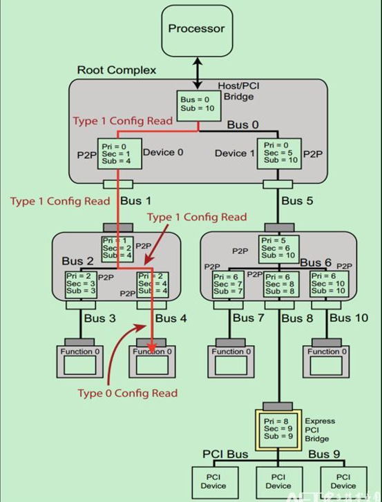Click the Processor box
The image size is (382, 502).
point(197,30)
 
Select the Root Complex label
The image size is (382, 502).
point(116,70)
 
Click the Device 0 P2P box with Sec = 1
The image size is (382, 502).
point(120,153)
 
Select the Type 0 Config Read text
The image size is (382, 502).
point(127,393)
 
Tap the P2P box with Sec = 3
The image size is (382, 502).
point(81,284)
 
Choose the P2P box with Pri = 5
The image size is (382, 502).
point(278,249)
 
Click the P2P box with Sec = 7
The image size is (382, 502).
point(229,284)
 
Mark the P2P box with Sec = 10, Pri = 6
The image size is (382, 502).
point(327,284)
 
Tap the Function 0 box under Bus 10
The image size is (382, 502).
point(324,357)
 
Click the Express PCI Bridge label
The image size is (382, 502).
point(319,429)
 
